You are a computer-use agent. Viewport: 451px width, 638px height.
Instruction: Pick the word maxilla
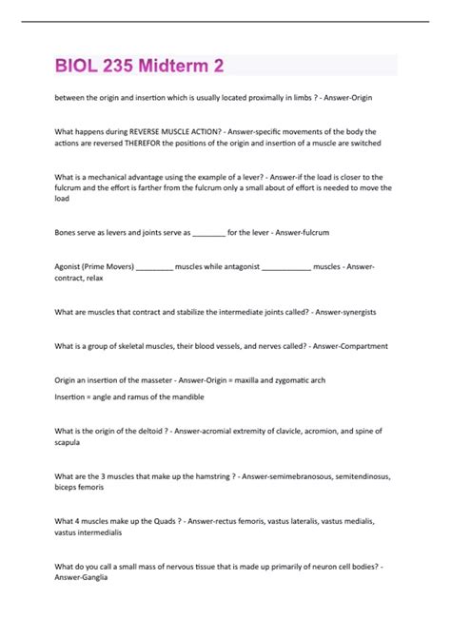tap(255, 379)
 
